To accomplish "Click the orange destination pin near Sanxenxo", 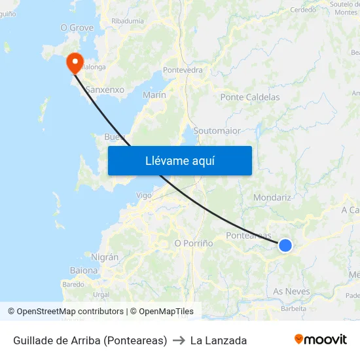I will click(x=75, y=62).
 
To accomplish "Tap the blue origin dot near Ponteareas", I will click(x=285, y=245).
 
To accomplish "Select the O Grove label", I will click(x=77, y=27).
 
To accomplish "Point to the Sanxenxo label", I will click(x=105, y=89).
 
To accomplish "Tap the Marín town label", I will click(x=154, y=95).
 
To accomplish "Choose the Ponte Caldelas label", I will click(x=250, y=98).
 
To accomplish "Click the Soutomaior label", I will click(x=217, y=131).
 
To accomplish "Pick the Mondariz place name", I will click(x=272, y=197).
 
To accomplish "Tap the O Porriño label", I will click(x=194, y=243).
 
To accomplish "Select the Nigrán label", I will click(x=105, y=257).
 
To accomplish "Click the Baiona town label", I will click(x=84, y=270).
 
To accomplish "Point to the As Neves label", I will click(x=291, y=291).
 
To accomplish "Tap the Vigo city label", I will click(x=143, y=195).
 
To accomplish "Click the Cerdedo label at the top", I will click(x=302, y=10).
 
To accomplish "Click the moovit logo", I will click(x=320, y=340).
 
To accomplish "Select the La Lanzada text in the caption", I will click(x=219, y=340).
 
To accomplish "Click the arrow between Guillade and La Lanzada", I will click(x=179, y=340).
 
